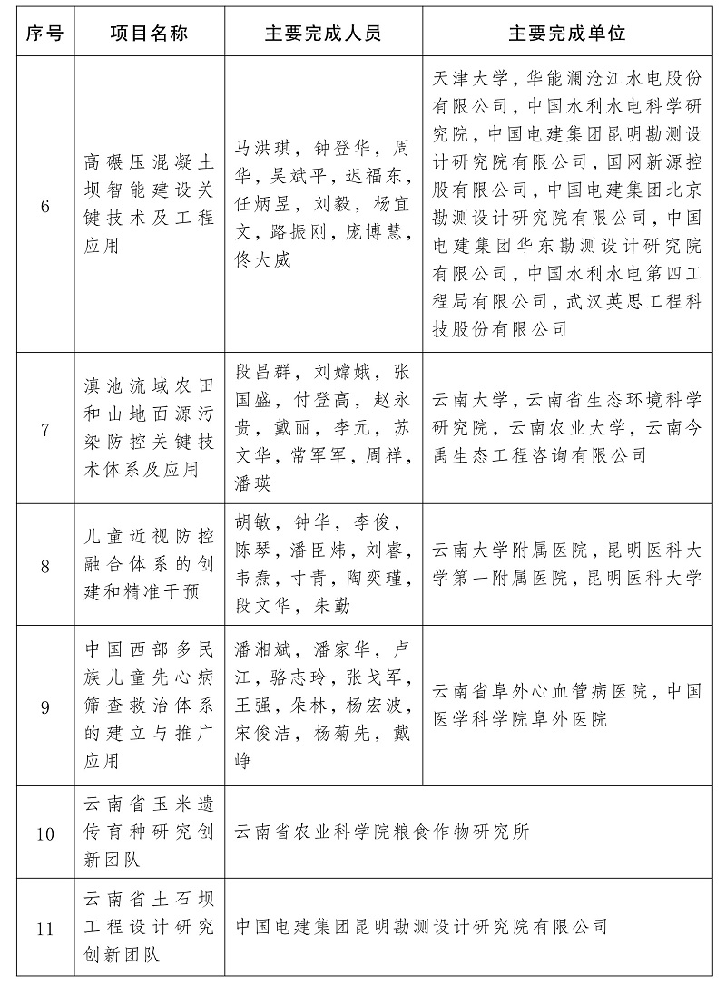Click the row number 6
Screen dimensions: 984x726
(x=44, y=204)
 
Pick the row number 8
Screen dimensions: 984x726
(x=44, y=567)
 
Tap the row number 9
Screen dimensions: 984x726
(x=44, y=706)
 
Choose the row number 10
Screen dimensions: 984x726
(x=44, y=833)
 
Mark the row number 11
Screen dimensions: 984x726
(x=44, y=927)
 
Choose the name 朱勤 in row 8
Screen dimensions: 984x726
(x=332, y=605)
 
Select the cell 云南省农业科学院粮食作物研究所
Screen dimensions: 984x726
(x=381, y=833)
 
